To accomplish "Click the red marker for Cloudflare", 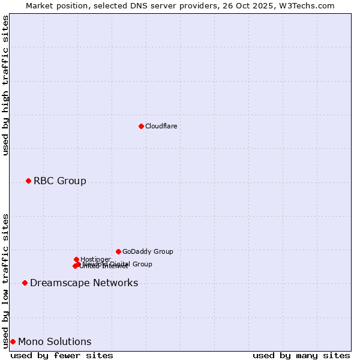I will click(x=141, y=126).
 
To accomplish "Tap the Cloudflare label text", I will click(x=161, y=126).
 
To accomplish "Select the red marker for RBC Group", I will click(x=28, y=181).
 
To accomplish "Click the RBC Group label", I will click(x=59, y=181).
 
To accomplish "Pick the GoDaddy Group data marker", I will click(x=118, y=251).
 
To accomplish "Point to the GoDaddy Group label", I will click(x=147, y=251).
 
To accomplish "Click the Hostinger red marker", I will click(x=76, y=259).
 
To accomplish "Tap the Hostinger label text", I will click(x=95, y=259).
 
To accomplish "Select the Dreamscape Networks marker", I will click(x=25, y=283).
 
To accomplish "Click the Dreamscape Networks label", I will click(x=83, y=283).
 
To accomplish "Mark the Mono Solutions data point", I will click(x=13, y=341).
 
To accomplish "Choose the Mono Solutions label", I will click(x=55, y=341).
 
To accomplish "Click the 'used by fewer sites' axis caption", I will click(x=62, y=355).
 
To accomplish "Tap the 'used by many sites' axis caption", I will click(x=301, y=355).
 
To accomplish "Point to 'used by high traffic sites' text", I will click(x=5, y=85).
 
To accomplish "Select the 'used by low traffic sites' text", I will click(x=5, y=280).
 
